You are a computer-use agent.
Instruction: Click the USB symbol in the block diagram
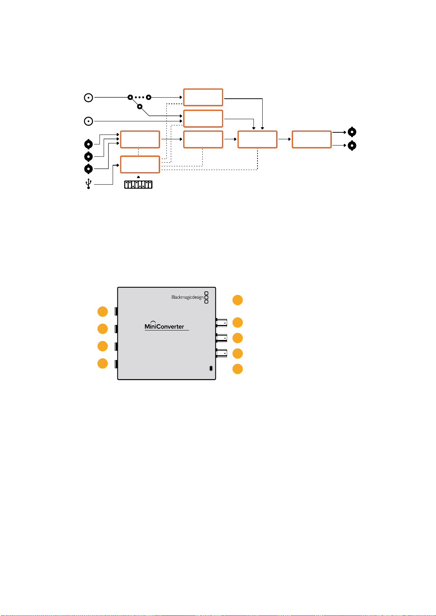pos(88,184)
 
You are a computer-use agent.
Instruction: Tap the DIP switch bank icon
pos(138,185)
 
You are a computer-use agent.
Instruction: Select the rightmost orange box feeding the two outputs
pos(311,139)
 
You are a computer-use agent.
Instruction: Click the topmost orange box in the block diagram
pos(203,97)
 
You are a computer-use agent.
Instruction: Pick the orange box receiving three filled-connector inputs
pos(140,139)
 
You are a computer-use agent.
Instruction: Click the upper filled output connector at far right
pos(352,132)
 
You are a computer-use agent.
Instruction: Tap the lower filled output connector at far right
pos(352,146)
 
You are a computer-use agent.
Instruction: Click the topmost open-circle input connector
pos(88,98)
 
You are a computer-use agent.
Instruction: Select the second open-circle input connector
pos(88,121)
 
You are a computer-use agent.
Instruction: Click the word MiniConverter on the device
pos(164,326)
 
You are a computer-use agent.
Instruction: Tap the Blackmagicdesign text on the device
pos(187,297)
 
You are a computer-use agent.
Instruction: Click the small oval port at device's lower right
pos(211,368)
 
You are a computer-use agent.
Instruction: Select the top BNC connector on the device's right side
pos(221,322)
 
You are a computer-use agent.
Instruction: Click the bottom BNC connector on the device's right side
pos(221,353)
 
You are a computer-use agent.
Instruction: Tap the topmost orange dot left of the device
pos(103,311)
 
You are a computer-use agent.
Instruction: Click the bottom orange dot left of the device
pos(103,363)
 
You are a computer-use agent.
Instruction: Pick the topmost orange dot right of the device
pos(238,300)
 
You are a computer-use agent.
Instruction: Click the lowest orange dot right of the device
pos(238,369)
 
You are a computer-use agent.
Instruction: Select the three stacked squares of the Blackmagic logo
pos(206,298)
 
